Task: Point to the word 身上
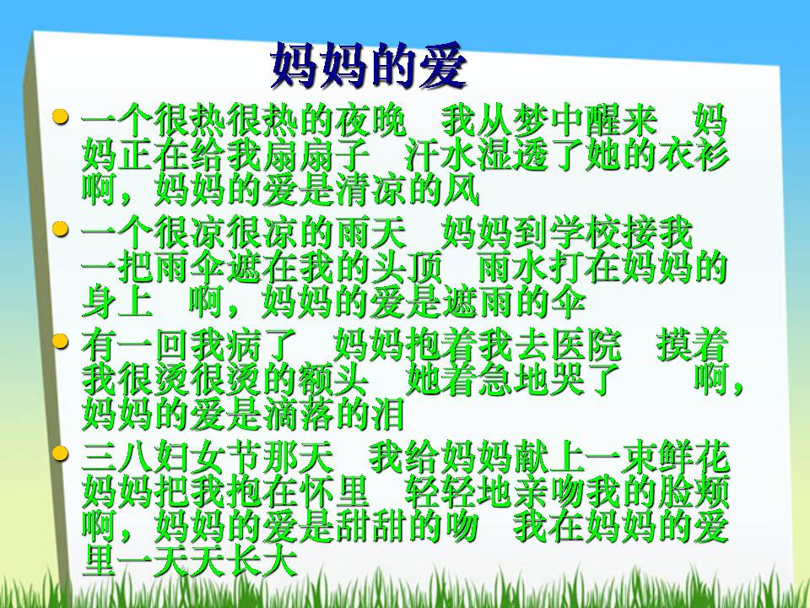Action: point(117,302)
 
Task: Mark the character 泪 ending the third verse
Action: point(389,415)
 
